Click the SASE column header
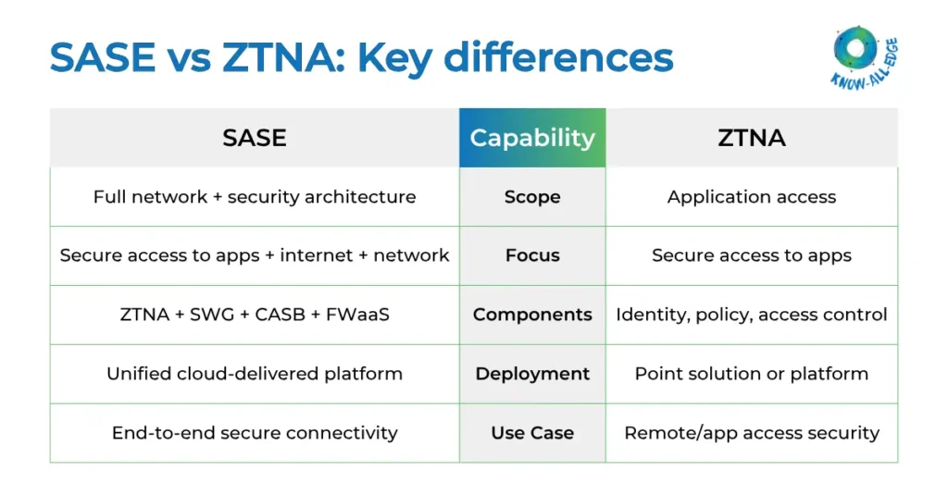tap(255, 138)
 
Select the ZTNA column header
tap(752, 138)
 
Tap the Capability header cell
tap(532, 138)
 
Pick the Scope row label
tap(532, 197)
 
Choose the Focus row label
tap(532, 255)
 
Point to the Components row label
tap(532, 315)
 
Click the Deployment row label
tap(532, 374)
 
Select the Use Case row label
tap(532, 432)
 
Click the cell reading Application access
tap(752, 197)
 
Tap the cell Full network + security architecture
tap(255, 197)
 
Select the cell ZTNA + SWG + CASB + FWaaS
tap(255, 315)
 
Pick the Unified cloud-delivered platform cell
tap(255, 374)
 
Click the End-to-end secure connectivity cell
tap(255, 432)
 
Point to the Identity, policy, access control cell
tap(752, 315)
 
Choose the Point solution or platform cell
tap(752, 374)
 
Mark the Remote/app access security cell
tap(752, 432)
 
